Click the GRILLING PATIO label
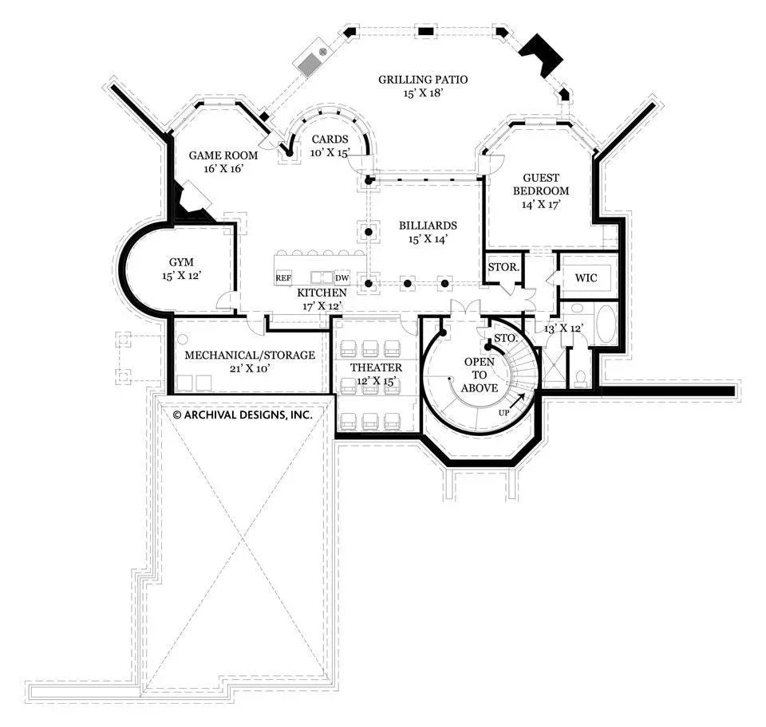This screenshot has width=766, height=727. pos(422,80)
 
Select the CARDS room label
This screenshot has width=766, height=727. pos(330,140)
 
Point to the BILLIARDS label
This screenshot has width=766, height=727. pos(428,226)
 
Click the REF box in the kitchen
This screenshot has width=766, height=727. pos(283,278)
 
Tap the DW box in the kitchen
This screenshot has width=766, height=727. pos(342,278)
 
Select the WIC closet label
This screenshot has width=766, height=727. pos(586,278)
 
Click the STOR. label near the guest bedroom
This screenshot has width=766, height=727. pos(503,267)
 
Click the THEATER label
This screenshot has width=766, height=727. pos(376,367)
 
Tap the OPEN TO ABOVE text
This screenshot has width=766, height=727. pos(479,375)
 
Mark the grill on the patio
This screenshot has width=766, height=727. pos(311,61)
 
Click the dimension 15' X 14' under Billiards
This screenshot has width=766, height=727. pos(428,238)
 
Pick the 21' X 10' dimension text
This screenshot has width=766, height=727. pos(239,368)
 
